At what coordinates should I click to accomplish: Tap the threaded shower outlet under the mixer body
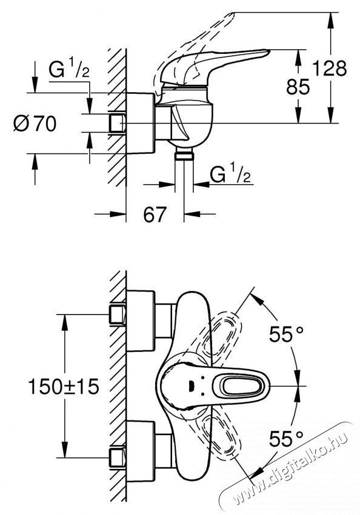click(182, 156)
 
